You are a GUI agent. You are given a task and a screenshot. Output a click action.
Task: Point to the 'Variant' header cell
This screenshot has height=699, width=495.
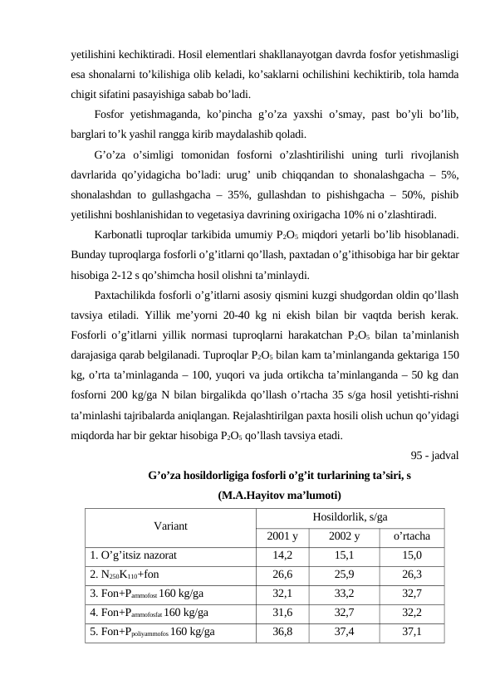169,525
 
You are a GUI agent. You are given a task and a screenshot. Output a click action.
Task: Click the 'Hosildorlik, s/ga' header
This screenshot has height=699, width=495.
350,516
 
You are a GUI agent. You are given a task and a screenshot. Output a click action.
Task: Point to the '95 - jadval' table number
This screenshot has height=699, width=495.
437,454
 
